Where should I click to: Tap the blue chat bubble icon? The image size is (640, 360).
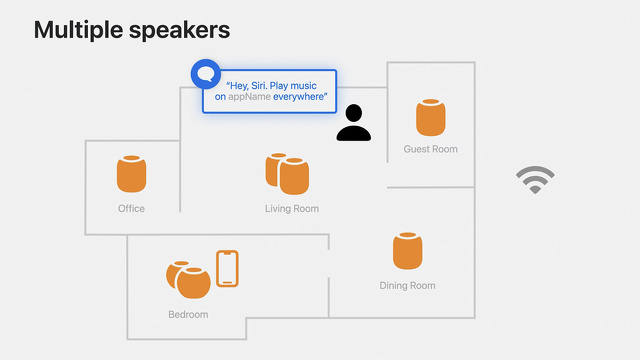coord(205,74)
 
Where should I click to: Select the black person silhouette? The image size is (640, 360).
coord(353,124)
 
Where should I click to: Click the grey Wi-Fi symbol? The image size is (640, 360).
coord(535,180)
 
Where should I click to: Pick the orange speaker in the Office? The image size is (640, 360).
coord(131,174)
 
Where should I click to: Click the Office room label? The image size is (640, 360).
coord(131,209)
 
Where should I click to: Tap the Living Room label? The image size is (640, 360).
coord(292,209)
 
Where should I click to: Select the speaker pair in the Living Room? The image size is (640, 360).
coord(287,174)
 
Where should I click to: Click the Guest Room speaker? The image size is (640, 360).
coord(431,118)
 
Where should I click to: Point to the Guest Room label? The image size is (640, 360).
coord(431,150)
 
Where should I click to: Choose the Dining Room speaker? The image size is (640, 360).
coord(407,250)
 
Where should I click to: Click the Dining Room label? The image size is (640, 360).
coord(407,286)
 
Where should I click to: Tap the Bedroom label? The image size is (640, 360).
coord(188,315)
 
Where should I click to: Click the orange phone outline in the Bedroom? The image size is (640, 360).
coord(228,268)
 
